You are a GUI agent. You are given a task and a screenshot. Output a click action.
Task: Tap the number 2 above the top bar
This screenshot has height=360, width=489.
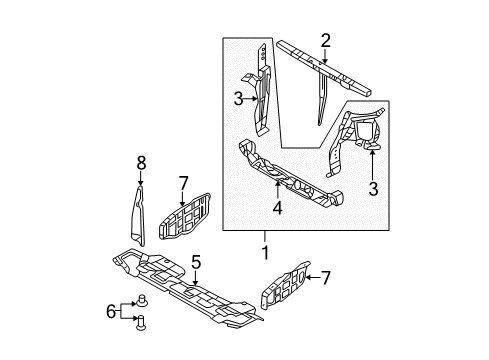pos(325,40)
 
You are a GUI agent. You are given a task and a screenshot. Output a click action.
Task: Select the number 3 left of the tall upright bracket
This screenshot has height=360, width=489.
pos(238,98)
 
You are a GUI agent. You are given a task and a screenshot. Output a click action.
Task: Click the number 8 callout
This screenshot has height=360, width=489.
pos(141,160)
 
